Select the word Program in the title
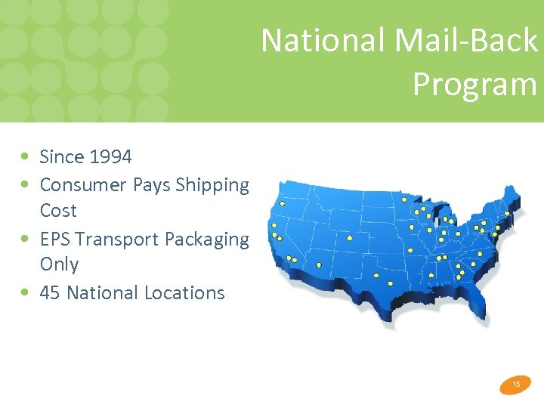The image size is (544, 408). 474,84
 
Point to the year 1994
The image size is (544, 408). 110,157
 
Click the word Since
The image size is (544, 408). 62,157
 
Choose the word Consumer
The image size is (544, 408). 83,184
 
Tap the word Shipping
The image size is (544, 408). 212,184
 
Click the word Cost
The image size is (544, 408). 58,210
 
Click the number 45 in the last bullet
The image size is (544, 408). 50,292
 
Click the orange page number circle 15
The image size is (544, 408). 516,385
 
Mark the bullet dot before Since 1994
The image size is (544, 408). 26,157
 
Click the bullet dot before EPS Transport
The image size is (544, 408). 26,239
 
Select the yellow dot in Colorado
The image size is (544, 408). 350,238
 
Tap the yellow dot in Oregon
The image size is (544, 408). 283,203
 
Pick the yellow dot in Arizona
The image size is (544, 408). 319,265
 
